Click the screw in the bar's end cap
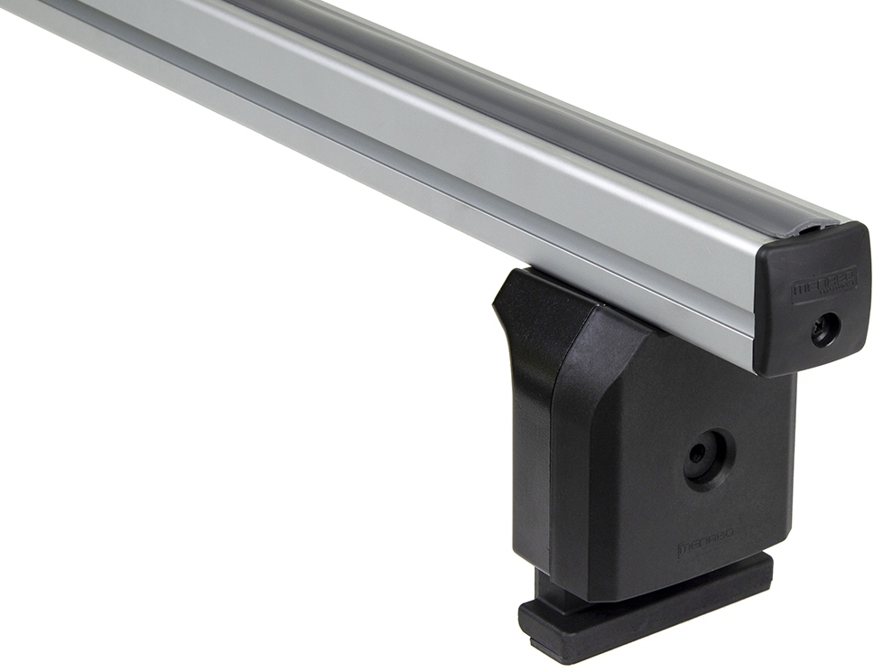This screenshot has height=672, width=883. tap(823, 330)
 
